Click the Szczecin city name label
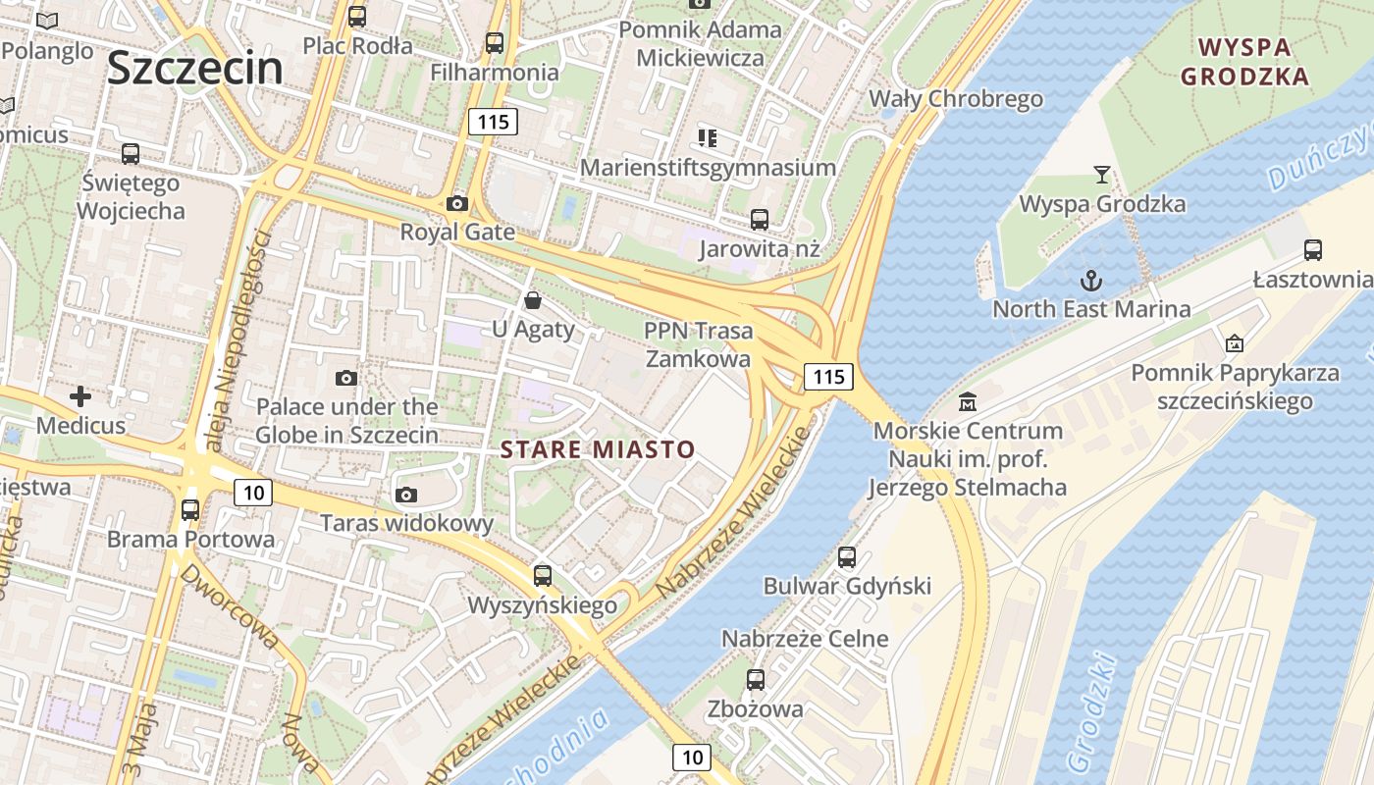point(194,68)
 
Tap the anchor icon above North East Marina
point(1091,281)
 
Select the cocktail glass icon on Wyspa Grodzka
point(1102,175)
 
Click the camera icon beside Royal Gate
point(456,204)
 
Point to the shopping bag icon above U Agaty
point(532,299)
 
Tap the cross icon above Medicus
point(80,396)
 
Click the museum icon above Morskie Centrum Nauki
point(968,401)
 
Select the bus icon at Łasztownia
point(1313,250)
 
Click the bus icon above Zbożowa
point(755,679)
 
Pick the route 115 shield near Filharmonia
point(493,122)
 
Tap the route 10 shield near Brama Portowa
point(253,493)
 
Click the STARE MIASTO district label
point(598,450)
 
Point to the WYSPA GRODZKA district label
point(1244,62)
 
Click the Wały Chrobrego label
point(956,99)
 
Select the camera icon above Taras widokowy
point(405,495)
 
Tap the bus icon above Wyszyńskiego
point(542,576)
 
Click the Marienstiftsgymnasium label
point(708,168)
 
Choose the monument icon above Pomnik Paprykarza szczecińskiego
point(1235,343)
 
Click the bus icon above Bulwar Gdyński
point(847,557)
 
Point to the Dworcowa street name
point(232,606)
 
